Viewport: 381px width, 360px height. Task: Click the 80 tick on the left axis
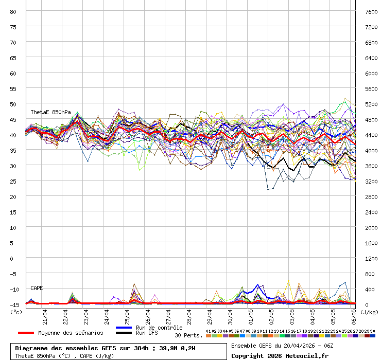[13, 11]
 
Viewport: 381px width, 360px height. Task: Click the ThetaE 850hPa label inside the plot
[50, 112]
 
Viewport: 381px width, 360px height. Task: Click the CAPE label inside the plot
[37, 288]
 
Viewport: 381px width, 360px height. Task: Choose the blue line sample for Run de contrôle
[125, 328]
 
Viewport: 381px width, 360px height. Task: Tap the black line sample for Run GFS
[125, 333]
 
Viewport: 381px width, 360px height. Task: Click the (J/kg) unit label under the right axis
[369, 312]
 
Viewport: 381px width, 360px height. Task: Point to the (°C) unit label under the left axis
[16, 312]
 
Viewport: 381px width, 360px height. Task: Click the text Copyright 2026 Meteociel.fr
[280, 355]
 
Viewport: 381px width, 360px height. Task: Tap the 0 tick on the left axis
[18, 258]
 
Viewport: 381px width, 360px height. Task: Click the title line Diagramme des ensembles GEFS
[105, 348]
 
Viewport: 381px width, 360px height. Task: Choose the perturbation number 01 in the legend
[208, 331]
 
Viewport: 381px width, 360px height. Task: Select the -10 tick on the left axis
[14, 289]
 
